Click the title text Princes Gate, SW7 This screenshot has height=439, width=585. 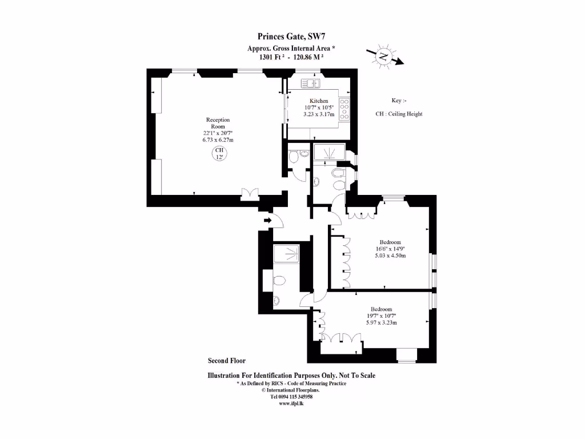tap(291, 38)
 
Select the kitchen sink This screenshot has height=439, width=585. tap(311, 83)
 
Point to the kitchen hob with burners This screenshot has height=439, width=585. tap(344, 109)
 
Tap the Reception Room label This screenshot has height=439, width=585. tap(218, 123)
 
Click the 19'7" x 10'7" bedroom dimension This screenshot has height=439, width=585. tap(381, 316)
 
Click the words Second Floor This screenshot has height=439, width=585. tap(227, 361)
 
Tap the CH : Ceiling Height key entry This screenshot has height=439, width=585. tap(399, 114)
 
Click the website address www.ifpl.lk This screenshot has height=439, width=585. tap(291, 403)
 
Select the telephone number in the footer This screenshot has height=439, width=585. tap(291, 396)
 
